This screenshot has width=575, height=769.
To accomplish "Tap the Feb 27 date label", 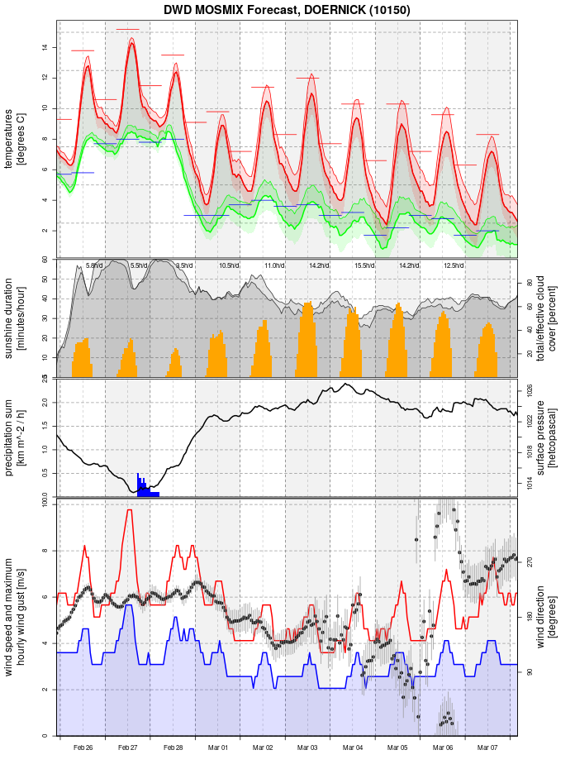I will click(x=128, y=748).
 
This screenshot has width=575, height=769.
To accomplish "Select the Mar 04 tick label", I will click(x=353, y=748).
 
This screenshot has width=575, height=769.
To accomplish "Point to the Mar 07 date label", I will click(x=487, y=748).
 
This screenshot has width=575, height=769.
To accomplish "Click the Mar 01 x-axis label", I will click(x=218, y=748).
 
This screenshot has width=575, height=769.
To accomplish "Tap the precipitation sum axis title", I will click(x=15, y=437).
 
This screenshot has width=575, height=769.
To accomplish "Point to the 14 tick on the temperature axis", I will click(x=45, y=47).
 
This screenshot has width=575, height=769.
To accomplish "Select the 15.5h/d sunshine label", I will click(x=364, y=265).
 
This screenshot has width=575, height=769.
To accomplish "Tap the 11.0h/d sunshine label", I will click(x=274, y=265).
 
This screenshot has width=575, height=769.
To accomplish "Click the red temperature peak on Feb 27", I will click(x=131, y=43).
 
